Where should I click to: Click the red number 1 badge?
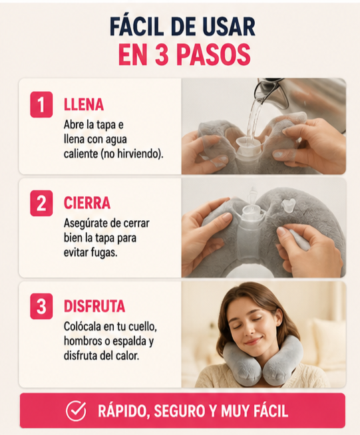41,104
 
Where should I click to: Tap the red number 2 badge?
41,203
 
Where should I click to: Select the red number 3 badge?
41,306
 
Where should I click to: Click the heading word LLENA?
84,105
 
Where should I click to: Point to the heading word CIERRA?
87,203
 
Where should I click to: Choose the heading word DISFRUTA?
94,306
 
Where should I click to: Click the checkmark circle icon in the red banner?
76,410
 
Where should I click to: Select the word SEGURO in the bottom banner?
179,411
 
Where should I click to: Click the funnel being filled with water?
249,146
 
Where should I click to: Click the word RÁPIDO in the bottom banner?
124,411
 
